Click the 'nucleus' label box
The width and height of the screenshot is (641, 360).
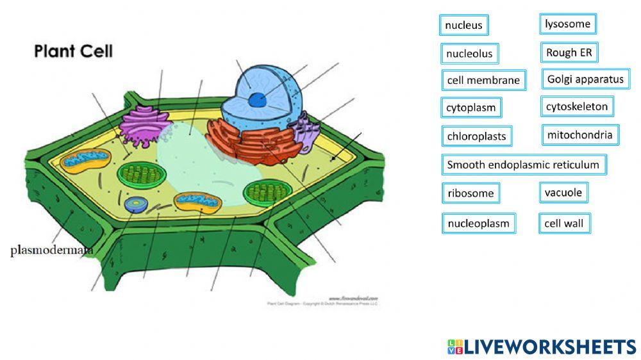pyautogui.click(x=464, y=26)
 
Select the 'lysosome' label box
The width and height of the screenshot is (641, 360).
pyautogui.click(x=567, y=24)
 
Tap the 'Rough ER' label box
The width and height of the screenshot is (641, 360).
pyautogui.click(x=569, y=53)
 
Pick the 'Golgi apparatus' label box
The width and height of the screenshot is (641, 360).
pyautogui.click(x=585, y=79)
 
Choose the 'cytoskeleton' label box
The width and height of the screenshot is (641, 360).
pyautogui.click(x=576, y=106)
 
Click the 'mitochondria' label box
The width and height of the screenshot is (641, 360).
pyautogui.click(x=579, y=135)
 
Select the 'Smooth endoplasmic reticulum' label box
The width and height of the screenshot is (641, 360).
pyautogui.click(x=523, y=165)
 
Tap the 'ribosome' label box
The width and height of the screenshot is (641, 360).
pyautogui.click(x=470, y=193)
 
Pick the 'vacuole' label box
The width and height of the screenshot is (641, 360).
pyautogui.click(x=563, y=192)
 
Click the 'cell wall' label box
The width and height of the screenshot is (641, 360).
pyautogui.click(x=564, y=224)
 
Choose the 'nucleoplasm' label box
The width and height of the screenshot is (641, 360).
pyautogui.click(x=478, y=224)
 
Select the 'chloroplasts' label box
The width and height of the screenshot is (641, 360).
pyautogui.click(x=476, y=136)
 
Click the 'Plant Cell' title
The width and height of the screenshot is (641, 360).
pyautogui.click(x=73, y=51)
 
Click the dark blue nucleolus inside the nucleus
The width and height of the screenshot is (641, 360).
pyautogui.click(x=257, y=99)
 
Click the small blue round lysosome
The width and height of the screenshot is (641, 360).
pyautogui.click(x=135, y=204)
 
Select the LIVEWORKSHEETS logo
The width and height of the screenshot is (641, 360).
pyautogui.click(x=542, y=347)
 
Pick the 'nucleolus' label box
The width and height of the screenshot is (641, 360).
pyautogui.click(x=470, y=53)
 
